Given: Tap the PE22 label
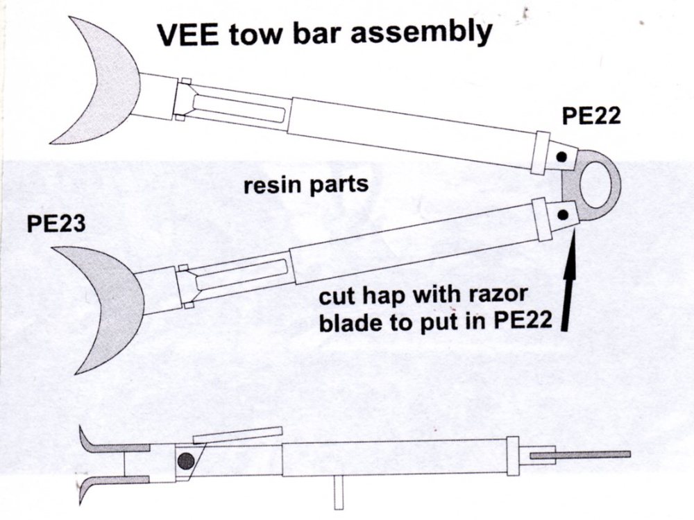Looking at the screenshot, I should [x=591, y=117].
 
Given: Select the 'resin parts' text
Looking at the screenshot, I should [x=305, y=186].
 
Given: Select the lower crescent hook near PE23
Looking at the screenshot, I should [x=104, y=305].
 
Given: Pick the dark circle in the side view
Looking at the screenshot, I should [x=185, y=460].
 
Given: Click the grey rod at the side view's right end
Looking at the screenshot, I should [x=580, y=455].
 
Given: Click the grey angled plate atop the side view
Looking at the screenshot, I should [x=237, y=435].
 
